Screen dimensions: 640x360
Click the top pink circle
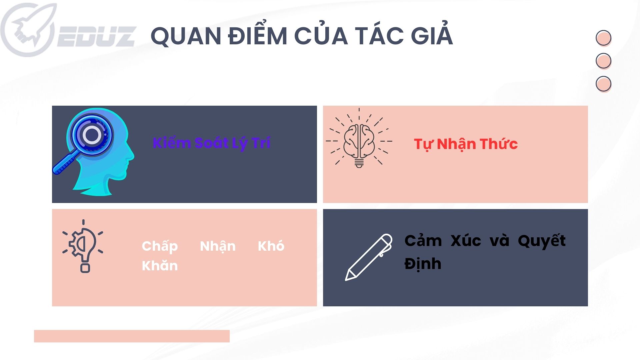click(603, 38)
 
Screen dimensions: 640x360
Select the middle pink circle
click(603, 61)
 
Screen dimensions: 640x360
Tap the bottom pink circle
click(603, 84)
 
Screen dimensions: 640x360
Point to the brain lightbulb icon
click(359, 138)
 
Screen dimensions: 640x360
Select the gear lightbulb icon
click(83, 246)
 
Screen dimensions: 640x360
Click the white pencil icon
click(369, 257)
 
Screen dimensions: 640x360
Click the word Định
click(423, 264)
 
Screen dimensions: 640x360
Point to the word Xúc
click(466, 240)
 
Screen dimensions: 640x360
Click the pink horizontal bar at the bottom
click(132, 336)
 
